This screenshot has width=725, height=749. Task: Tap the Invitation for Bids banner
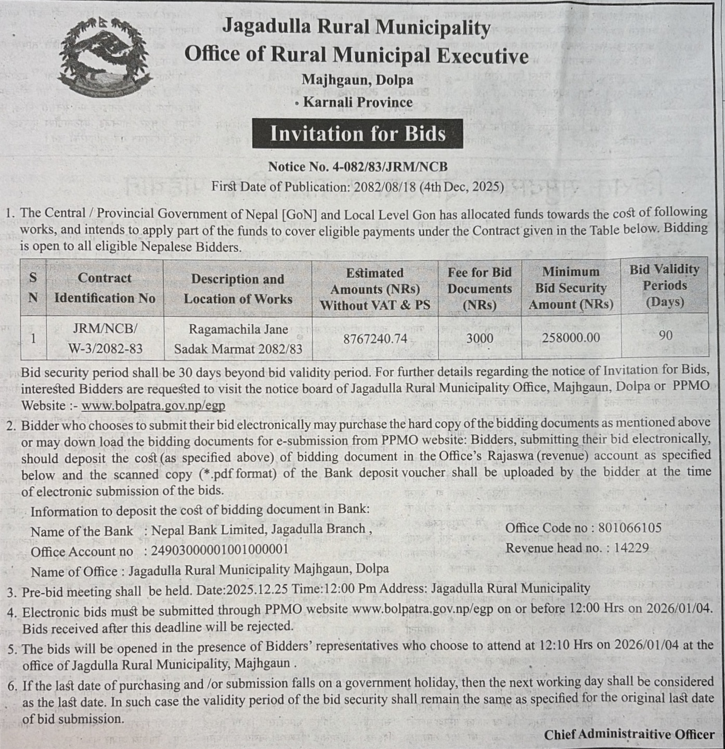coord(357,134)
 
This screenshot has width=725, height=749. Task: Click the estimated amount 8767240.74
coord(375,339)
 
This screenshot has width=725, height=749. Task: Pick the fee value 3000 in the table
coord(480,339)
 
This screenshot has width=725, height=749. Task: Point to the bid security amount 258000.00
coord(571,338)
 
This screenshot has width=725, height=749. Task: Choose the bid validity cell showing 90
coord(665,335)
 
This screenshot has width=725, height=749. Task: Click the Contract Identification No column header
coord(105,288)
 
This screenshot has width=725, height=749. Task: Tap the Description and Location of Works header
coord(238,289)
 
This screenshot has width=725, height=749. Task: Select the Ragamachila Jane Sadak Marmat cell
coord(238,339)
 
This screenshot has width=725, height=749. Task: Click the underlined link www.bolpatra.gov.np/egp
coord(153,406)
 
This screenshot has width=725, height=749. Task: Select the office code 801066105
coord(629,528)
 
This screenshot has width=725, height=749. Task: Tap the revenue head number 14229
coord(631,548)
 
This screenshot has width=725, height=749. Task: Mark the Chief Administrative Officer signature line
coord(629,734)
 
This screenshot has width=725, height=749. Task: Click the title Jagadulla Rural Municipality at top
coord(356,27)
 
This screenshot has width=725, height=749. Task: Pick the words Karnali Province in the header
coord(358,102)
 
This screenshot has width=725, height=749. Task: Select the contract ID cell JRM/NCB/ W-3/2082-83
coord(105,339)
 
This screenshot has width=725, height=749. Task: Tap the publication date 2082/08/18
coord(385,187)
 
